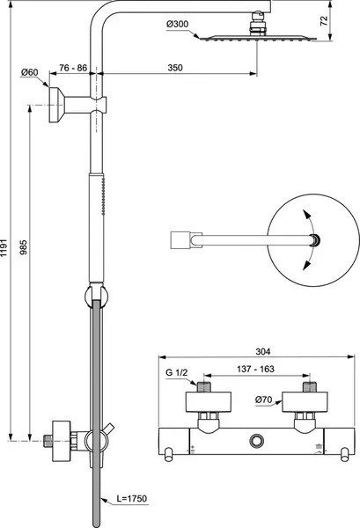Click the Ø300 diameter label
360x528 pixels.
177,25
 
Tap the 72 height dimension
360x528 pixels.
324,21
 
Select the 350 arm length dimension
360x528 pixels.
175,68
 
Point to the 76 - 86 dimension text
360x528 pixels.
73,68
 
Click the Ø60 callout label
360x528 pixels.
30,72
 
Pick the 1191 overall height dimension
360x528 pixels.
4,248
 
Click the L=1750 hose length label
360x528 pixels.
132,498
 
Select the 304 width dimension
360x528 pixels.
262,351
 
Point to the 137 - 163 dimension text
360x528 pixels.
255,369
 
